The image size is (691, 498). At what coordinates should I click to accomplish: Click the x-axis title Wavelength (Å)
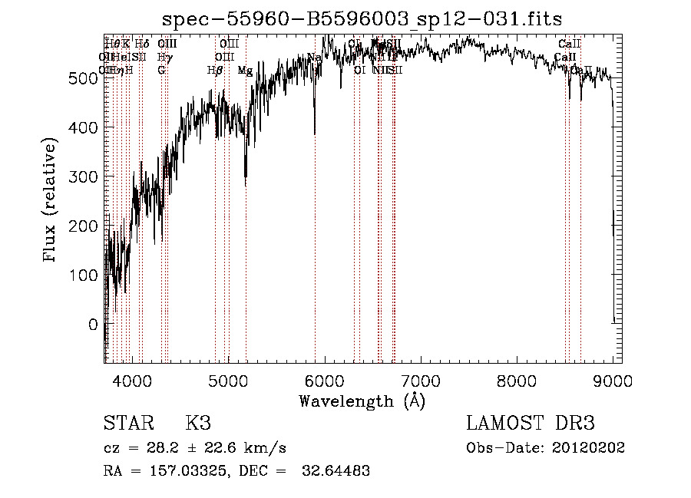[x=362, y=401]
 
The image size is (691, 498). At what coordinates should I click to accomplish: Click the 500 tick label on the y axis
[x=87, y=78]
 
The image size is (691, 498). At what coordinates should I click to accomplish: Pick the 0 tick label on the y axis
[x=94, y=325]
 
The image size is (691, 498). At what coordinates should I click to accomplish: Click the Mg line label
[x=245, y=71]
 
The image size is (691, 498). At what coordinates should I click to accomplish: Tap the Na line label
[x=314, y=58]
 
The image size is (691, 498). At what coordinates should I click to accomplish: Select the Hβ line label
[x=215, y=70]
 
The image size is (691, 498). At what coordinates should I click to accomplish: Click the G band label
[x=161, y=70]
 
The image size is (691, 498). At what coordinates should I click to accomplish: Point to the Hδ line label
[x=142, y=44]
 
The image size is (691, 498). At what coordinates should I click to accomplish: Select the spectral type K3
[x=198, y=424]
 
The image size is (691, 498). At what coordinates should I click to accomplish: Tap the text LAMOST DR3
[x=531, y=424]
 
